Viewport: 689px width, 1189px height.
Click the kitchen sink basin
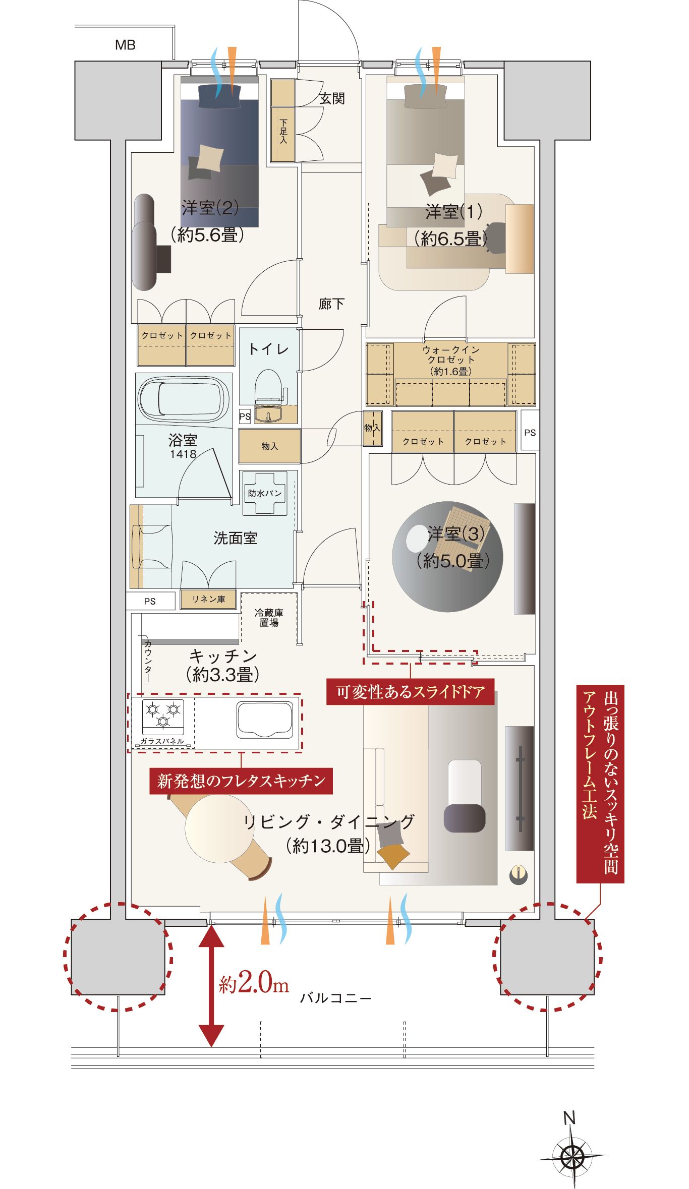pyautogui.click(x=265, y=720)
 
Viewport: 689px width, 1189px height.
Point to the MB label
pyautogui.click(x=125, y=45)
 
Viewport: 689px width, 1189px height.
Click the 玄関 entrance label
pyautogui.click(x=332, y=99)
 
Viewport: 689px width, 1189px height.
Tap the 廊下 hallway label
pyautogui.click(x=331, y=304)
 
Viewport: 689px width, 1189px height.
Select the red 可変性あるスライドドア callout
pyautogui.click(x=410, y=692)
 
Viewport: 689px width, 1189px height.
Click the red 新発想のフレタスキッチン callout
pyautogui.click(x=241, y=781)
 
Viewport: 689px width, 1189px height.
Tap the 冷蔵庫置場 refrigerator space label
pyautogui.click(x=269, y=618)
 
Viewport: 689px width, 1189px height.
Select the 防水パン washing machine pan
pyautogui.click(x=265, y=493)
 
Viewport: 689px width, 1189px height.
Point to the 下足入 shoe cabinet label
pyautogui.click(x=283, y=132)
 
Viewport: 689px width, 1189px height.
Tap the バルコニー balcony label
pyautogui.click(x=336, y=998)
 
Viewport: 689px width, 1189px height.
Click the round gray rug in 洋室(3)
pyautogui.click(x=447, y=557)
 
